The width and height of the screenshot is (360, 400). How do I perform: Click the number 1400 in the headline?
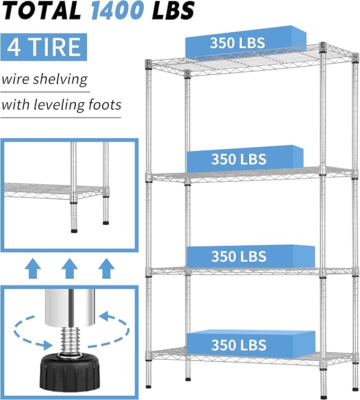(x=118, y=11)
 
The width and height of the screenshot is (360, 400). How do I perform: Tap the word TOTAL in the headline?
(x=41, y=11)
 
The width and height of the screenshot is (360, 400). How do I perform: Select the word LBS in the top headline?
(x=173, y=11)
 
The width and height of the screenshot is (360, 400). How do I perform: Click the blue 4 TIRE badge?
(x=43, y=47)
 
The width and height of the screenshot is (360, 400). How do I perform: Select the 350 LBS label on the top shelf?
(x=238, y=42)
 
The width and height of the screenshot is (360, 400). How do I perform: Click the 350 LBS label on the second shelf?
(x=239, y=159)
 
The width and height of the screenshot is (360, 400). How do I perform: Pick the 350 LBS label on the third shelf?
(x=239, y=256)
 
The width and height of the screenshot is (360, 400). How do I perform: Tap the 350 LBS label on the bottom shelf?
(x=239, y=345)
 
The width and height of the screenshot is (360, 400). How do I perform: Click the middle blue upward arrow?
(x=69, y=268)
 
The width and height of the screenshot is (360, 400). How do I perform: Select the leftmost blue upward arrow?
(x=33, y=268)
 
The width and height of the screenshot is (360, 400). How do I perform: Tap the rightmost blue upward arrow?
(x=106, y=268)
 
